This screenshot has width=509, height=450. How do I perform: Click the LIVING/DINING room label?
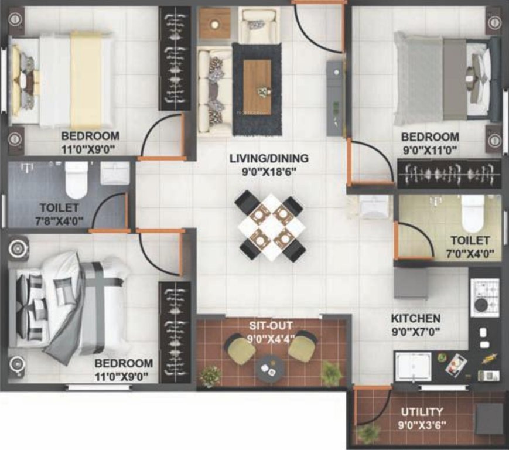[x=269, y=158]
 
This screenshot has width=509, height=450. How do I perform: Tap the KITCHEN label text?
[x=416, y=319]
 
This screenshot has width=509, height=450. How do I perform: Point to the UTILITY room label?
[x=422, y=412]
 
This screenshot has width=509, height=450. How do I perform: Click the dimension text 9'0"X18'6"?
[x=269, y=172]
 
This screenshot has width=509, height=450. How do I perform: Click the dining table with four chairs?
[x=270, y=227]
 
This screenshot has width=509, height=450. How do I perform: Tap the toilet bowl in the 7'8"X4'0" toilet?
[x=76, y=179]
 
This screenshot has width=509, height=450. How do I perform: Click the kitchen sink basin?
[x=414, y=366]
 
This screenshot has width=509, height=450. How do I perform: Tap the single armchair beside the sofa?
[x=258, y=25]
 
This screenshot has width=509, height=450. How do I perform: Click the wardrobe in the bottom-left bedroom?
[x=175, y=332]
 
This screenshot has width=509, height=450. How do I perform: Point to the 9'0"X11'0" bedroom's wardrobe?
[x=449, y=174]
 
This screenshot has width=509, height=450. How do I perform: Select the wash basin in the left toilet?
[x=115, y=173]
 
